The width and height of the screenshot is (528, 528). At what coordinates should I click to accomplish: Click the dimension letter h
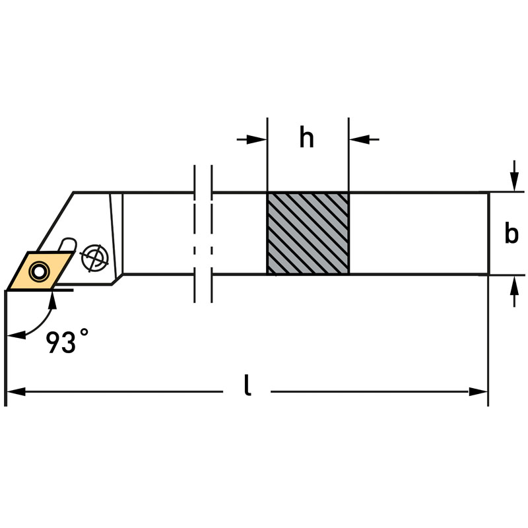(307, 139)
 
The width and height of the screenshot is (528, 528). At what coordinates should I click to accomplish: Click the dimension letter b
(511, 234)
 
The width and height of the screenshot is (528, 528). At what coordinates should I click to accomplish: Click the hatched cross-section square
(308, 233)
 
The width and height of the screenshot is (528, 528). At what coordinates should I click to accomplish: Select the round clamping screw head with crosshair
(94, 256)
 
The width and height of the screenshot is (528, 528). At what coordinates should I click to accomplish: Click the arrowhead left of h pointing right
(259, 139)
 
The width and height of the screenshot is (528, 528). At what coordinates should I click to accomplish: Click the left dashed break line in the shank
(195, 234)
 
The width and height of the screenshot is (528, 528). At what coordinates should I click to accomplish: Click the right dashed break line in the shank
(211, 234)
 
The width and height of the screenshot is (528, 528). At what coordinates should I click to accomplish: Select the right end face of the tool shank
(488, 233)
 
